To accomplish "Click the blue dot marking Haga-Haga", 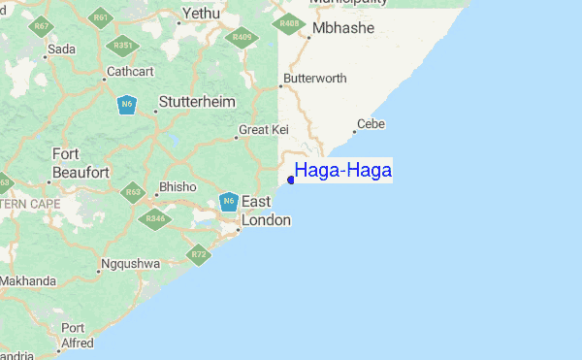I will coord(291,179).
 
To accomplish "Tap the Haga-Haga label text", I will coord(343,171).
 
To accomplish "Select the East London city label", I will coord(265,211).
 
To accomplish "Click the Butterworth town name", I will coord(315,79).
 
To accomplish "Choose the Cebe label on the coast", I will coord(371,123).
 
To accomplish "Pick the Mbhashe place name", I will coord(343,28).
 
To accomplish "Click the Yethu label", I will coord(202,15).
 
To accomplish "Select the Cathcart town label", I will coord(129,71).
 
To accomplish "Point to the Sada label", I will coord(61,49).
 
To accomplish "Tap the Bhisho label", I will coord(178,186).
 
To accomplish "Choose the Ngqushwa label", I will coord(128,263).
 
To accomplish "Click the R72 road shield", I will coord(199,255).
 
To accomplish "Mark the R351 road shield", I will coord(123,45).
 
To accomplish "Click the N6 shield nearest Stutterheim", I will coord(126,104).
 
